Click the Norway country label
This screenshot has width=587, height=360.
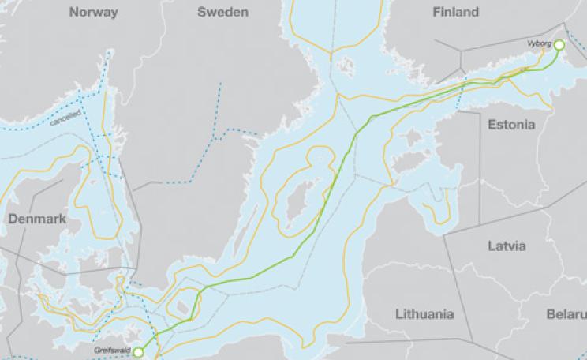93,13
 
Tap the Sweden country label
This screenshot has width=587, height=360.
222,13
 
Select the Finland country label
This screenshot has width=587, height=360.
455,13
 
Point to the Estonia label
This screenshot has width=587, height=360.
510,125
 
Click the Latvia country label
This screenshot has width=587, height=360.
506,246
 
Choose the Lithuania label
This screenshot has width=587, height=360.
424,314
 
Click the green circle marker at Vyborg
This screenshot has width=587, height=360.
559,46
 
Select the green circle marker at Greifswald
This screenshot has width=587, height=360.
139,351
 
